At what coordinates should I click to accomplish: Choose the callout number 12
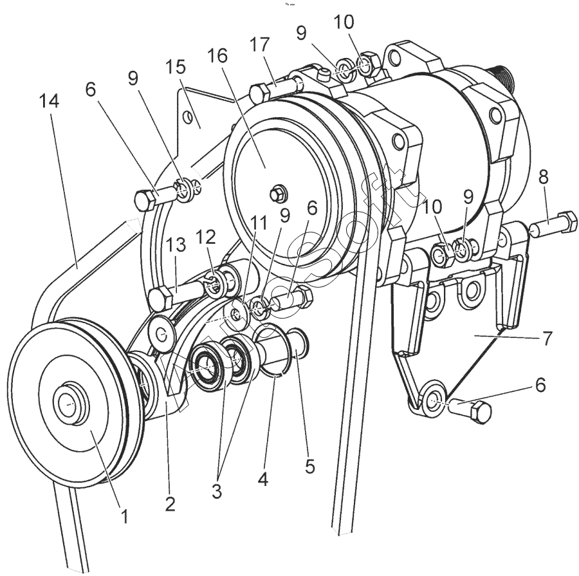(206, 237)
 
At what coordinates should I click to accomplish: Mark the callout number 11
(257, 223)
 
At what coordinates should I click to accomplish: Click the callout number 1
(125, 515)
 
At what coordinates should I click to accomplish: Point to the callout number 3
(217, 491)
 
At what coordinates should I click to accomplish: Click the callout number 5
(310, 465)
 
